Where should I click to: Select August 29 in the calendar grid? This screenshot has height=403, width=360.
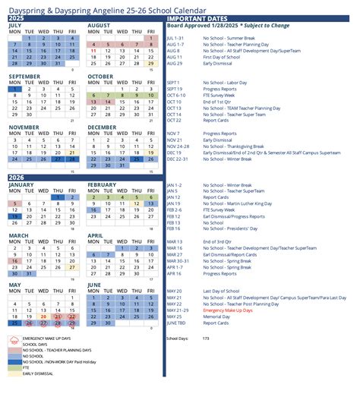(150, 64)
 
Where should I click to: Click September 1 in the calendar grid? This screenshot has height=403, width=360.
(14, 89)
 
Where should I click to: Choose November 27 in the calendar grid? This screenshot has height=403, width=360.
(58, 159)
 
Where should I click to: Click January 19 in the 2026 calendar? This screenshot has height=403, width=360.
(14, 216)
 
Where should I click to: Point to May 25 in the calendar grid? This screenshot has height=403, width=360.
(14, 324)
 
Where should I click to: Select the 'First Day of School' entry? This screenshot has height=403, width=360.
(223, 57)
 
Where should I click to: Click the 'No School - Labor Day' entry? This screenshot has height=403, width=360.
(226, 82)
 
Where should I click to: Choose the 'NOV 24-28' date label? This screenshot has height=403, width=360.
(176, 146)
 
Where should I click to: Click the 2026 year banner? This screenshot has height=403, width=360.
(17, 178)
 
